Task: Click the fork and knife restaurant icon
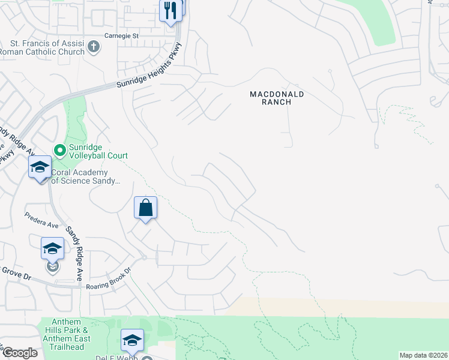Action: pos(170,10)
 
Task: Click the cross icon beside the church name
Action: pos(94,47)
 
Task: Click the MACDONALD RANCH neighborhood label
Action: pos(277,98)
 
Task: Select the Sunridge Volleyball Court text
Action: pos(98,151)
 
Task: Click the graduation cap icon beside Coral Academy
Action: pos(40,167)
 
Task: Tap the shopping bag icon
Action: pos(146,208)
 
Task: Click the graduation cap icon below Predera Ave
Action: pos(52,247)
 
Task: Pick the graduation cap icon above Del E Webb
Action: pos(133,340)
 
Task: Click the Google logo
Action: pos(19,353)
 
